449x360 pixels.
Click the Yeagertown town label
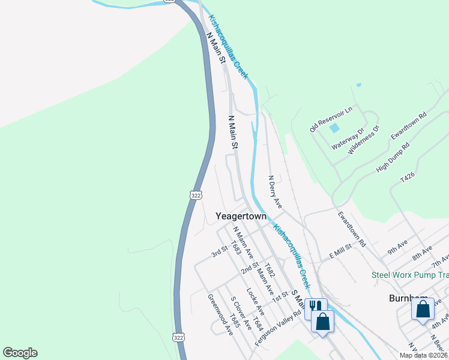coord(241,215)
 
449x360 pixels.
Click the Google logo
coord(20,353)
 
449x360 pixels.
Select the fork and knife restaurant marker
coord(313,307)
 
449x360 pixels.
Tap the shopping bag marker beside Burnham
coord(423,310)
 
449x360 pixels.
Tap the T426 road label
coord(408,178)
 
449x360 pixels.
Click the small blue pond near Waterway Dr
coord(335,128)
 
